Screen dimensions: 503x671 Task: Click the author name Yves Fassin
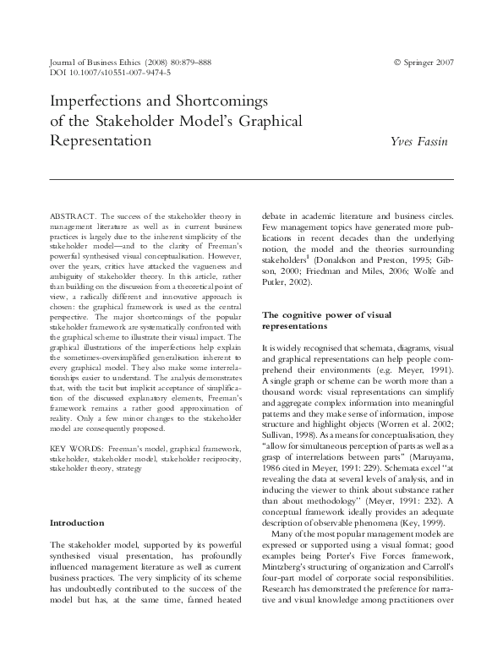(x=418, y=141)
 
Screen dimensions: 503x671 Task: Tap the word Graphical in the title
(x=268, y=122)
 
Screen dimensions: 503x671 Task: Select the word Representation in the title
(x=101, y=141)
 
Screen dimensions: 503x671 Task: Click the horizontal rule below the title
(x=252, y=179)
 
